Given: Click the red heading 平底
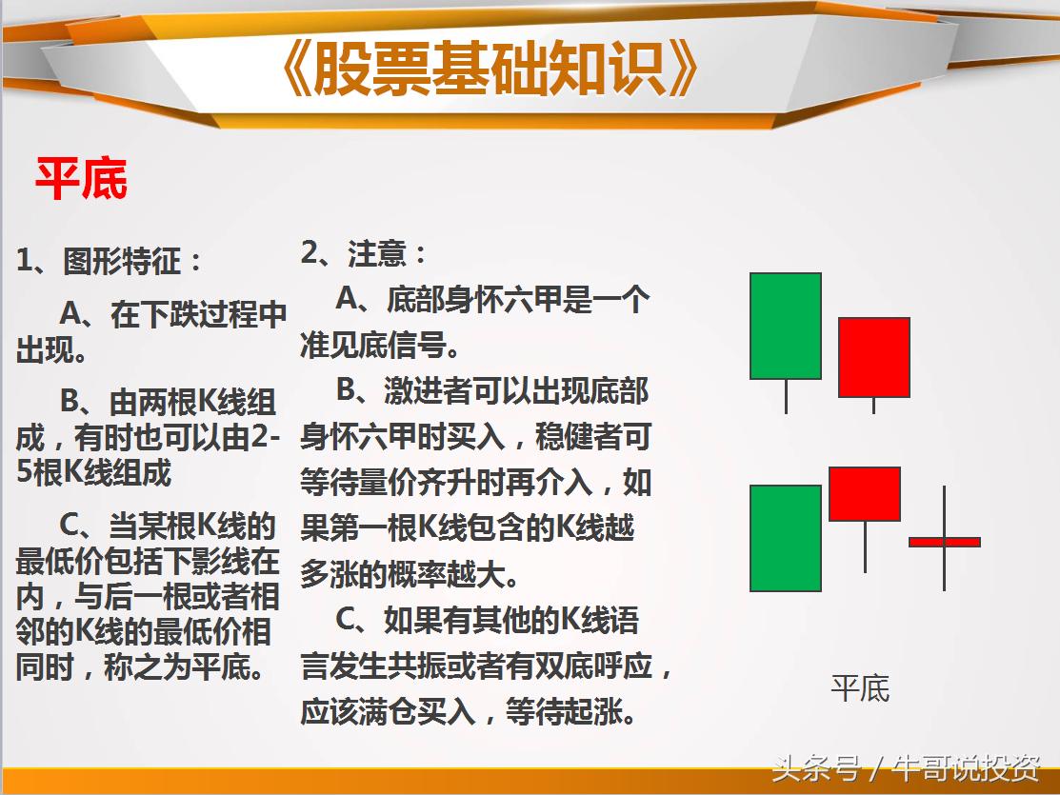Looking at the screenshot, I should [81, 178].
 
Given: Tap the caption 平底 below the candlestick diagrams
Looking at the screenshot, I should [860, 688].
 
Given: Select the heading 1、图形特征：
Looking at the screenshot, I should [110, 261].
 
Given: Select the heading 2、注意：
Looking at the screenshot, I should [365, 253].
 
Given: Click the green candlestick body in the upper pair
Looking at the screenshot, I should [786, 326].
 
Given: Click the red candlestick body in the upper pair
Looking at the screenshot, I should [873, 357].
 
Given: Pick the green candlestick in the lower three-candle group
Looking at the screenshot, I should [786, 538].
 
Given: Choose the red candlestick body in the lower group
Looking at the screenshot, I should [865, 493].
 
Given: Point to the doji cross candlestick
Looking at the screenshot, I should [944, 541].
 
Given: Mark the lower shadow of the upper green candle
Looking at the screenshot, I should [786, 396].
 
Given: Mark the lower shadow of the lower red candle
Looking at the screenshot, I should [865, 547].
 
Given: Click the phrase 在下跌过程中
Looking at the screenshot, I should [198, 314].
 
